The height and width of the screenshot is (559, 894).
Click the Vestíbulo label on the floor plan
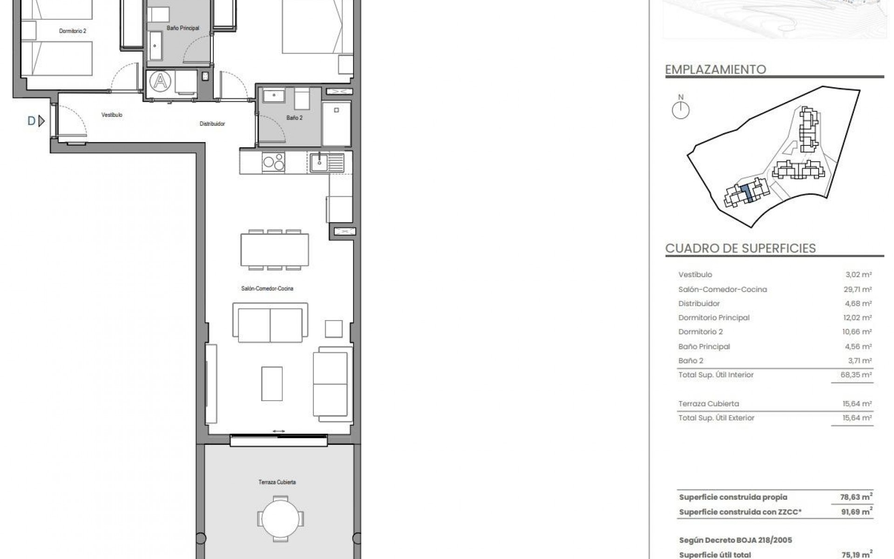click(x=112, y=115)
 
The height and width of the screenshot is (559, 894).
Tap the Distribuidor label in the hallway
click(x=212, y=124)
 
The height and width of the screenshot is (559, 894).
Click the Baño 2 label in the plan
click(x=294, y=118)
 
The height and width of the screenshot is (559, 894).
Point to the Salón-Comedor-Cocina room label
click(x=267, y=289)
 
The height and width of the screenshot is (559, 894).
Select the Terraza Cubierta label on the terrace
click(x=277, y=482)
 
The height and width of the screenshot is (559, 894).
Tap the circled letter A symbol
click(x=160, y=82)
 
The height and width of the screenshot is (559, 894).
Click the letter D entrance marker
click(x=32, y=122)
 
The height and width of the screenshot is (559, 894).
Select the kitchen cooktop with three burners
click(x=273, y=163)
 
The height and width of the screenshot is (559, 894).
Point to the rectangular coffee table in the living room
click(x=271, y=383)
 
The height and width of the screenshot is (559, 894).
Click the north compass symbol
click(x=681, y=110)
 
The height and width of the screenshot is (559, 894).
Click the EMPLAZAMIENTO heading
click(x=715, y=70)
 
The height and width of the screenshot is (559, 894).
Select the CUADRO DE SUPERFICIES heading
click(x=740, y=248)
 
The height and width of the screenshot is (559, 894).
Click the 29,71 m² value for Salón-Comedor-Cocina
click(x=857, y=289)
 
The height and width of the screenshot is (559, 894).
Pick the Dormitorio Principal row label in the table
click(x=714, y=318)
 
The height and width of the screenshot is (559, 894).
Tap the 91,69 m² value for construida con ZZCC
click(x=857, y=512)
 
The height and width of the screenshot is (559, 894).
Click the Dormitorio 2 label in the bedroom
click(x=72, y=31)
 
